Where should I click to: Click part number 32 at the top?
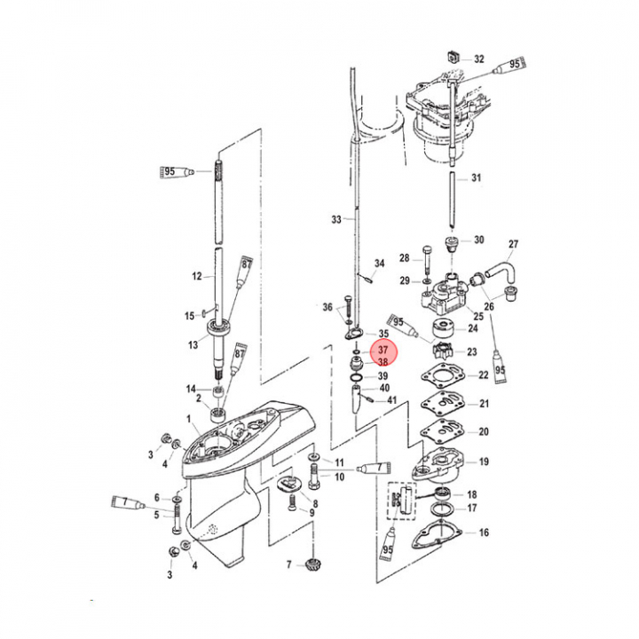tap(479, 59)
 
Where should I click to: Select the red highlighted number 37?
tap(383, 350)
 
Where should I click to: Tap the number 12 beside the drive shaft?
tap(197, 276)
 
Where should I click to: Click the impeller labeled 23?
tap(442, 351)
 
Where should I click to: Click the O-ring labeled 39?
tap(356, 376)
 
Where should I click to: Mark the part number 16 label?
tap(484, 532)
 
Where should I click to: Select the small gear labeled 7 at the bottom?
tap(313, 565)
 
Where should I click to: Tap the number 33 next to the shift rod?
tap(336, 220)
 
